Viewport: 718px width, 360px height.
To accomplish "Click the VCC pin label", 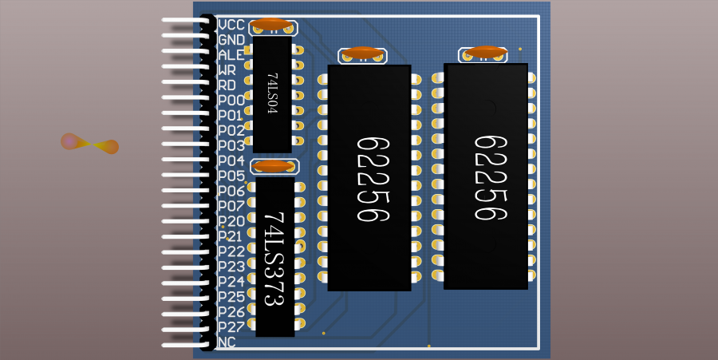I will (x=231, y=25).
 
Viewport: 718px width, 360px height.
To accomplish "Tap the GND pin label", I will (x=231, y=40).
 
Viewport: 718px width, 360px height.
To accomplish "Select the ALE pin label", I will (x=231, y=55).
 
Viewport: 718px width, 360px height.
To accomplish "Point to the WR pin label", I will (x=227, y=70).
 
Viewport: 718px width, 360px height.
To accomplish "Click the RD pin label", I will (x=227, y=85).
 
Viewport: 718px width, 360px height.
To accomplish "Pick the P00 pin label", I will (x=231, y=101).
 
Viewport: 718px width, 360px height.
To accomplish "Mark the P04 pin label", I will (x=231, y=161).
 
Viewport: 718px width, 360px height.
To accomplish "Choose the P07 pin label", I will (x=231, y=206).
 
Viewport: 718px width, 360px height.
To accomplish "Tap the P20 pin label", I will (x=231, y=221).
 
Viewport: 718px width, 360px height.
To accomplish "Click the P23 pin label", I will (x=231, y=267).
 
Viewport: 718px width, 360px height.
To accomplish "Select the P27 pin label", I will (x=231, y=327).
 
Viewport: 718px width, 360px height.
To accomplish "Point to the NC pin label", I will (x=227, y=342).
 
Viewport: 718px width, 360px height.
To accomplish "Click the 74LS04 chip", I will (x=272, y=94).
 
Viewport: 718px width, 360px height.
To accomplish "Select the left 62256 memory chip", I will (x=369, y=178).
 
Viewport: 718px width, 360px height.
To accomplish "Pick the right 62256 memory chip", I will (x=486, y=176).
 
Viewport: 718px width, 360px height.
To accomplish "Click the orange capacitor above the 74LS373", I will (x=274, y=166).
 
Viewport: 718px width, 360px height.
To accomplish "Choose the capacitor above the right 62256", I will (x=484, y=53).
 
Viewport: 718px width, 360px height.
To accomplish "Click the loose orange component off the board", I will (x=90, y=144).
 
